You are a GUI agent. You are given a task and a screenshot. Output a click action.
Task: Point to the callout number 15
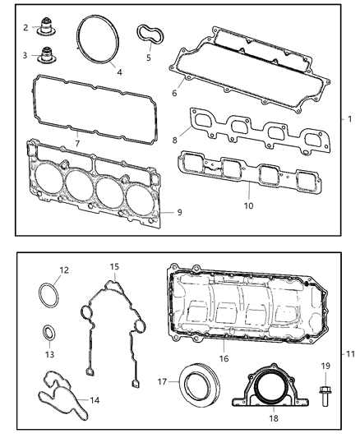pos(115,267)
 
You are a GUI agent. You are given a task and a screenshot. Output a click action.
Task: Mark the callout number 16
pos(222,359)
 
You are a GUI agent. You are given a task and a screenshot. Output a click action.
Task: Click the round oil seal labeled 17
pos(197,384)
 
